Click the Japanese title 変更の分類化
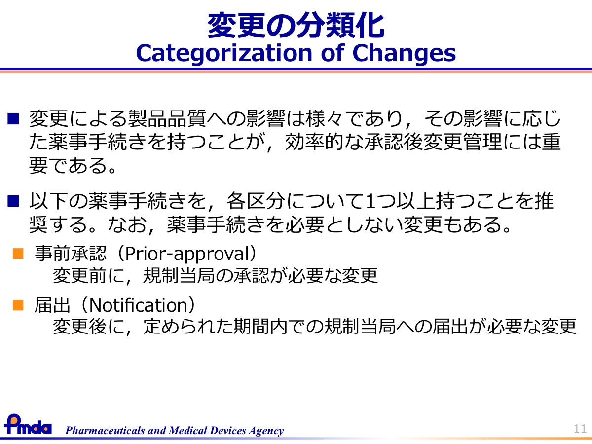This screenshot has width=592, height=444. [296, 26]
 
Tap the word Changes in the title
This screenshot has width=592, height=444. [404, 53]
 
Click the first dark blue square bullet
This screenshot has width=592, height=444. [13, 119]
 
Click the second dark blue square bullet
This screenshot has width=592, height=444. [13, 201]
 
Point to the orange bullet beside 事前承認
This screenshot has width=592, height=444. [18, 254]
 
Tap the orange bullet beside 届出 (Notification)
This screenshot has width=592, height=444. [18, 305]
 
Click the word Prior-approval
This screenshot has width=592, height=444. [186, 254]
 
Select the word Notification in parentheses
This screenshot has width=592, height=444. [138, 305]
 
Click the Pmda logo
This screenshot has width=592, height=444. [28, 424]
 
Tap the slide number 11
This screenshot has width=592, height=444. [580, 429]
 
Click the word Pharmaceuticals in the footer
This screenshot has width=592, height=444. [105, 430]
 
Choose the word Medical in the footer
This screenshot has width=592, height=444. [188, 430]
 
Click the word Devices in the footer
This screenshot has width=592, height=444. [228, 430]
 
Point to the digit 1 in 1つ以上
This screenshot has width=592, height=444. [370, 201]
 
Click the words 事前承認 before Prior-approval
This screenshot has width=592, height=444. [71, 254]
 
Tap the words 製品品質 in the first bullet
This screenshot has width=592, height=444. [167, 119]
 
